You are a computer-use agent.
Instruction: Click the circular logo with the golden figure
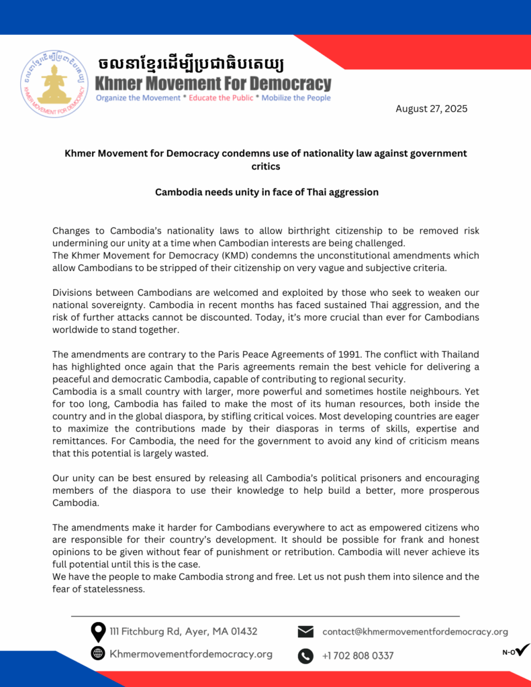tap(54, 84)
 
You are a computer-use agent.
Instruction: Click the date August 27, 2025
tap(431, 109)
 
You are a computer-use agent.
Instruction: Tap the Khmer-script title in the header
tap(191, 64)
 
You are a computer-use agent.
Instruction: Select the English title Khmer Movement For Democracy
tap(213, 84)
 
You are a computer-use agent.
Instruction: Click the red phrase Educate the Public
tap(221, 98)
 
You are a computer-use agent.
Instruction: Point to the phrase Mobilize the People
tap(296, 98)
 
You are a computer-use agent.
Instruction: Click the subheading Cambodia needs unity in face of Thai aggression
tap(267, 192)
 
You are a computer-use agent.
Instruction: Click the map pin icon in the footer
tap(98, 632)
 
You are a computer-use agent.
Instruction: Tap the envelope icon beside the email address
tap(305, 632)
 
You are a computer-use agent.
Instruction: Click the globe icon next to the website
tap(98, 653)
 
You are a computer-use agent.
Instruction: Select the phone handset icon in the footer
tap(305, 655)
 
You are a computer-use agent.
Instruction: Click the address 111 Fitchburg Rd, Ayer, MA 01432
tap(183, 631)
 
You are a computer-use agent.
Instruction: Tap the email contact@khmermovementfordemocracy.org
tap(415, 631)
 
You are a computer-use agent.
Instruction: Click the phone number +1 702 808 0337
tap(358, 655)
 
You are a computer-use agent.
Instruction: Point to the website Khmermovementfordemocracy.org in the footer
tap(191, 654)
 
